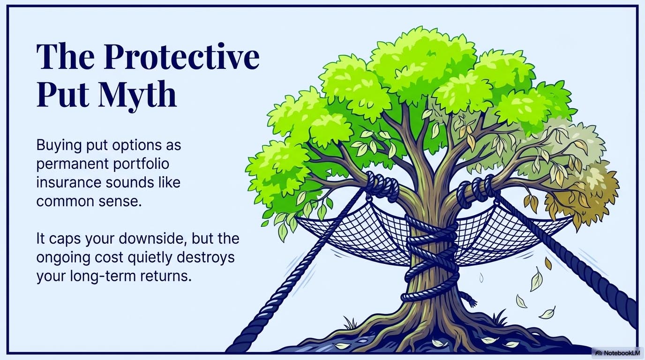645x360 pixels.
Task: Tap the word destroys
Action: [x=210, y=257]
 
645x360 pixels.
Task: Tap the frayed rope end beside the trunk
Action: [x=469, y=299]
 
